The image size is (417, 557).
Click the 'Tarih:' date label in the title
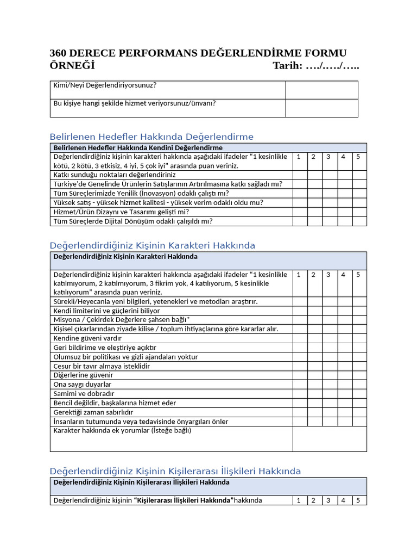[x=287, y=66]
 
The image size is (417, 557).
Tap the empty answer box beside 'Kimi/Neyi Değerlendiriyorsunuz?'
[x=321, y=90]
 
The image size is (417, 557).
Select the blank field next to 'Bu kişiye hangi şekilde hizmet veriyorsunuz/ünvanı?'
[x=321, y=108]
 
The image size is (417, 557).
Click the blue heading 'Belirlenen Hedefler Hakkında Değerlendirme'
[x=151, y=137]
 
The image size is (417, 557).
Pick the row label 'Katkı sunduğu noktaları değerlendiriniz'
[x=115, y=175]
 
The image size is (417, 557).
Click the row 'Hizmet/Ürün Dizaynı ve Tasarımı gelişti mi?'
[x=121, y=212]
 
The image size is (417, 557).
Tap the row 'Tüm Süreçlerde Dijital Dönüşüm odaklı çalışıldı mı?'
[x=133, y=221]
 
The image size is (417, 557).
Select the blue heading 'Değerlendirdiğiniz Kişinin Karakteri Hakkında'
[x=152, y=245]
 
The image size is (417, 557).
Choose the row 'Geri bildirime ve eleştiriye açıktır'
[x=105, y=348]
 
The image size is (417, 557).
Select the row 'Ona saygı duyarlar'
[x=83, y=384]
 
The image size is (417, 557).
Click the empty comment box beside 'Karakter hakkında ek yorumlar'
[x=330, y=438]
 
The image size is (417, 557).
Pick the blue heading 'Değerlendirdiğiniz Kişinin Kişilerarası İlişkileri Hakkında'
[x=175, y=471]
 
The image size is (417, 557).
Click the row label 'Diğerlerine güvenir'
[x=83, y=375]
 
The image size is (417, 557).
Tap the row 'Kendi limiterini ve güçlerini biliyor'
[x=106, y=311]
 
